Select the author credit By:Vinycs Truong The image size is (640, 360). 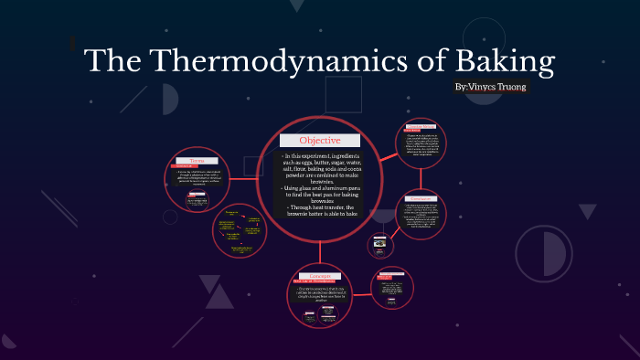(x=491, y=86)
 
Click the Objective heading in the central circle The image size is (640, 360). (x=320, y=141)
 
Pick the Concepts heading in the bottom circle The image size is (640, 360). (x=319, y=274)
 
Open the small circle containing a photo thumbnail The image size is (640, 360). (x=380, y=245)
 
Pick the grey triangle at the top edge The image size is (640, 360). (x=296, y=5)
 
